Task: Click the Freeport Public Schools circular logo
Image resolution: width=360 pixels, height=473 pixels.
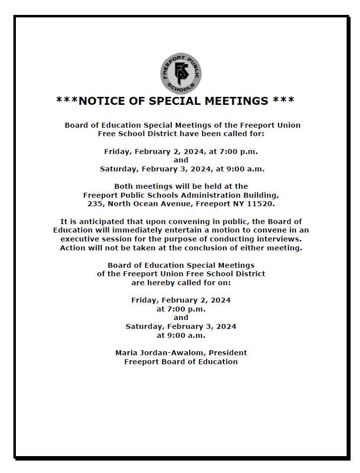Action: pyautogui.click(x=181, y=74)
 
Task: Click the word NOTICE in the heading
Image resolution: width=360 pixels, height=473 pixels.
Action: pyautogui.click(x=103, y=101)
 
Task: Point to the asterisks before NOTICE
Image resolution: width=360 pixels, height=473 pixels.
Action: pyautogui.click(x=67, y=101)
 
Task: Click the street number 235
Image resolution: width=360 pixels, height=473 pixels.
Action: pyautogui.click(x=94, y=204)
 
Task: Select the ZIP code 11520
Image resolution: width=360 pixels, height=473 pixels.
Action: pyautogui.click(x=262, y=204)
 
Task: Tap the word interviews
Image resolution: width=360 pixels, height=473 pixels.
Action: pyautogui.click(x=282, y=239)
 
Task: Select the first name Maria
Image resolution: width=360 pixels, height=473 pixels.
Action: pyautogui.click(x=126, y=353)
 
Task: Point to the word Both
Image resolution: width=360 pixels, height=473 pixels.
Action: pyautogui.click(x=124, y=186)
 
